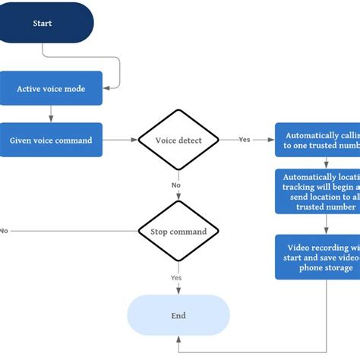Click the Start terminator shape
[46, 23]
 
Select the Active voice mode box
[51, 89]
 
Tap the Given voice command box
[51, 141]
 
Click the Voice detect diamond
[179, 141]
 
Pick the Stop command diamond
[179, 230]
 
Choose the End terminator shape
[178, 315]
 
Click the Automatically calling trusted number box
[317, 140]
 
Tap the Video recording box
[317, 257]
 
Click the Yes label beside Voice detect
[244, 140]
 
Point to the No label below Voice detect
[175, 185]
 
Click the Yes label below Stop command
[175, 278]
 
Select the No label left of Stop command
[5, 230]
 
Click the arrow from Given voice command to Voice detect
[120, 141]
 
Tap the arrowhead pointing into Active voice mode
[106, 89]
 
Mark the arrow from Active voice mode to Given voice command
[51, 114]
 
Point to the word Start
[43, 24]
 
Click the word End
[178, 315]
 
